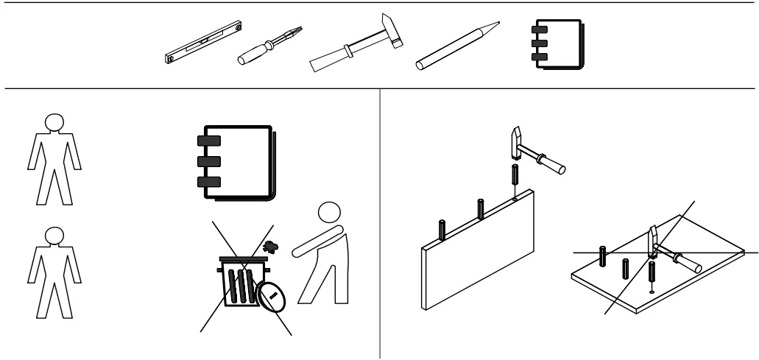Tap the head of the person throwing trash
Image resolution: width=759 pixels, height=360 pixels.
(328, 215)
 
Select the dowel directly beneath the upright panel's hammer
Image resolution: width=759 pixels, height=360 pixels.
(515, 179)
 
